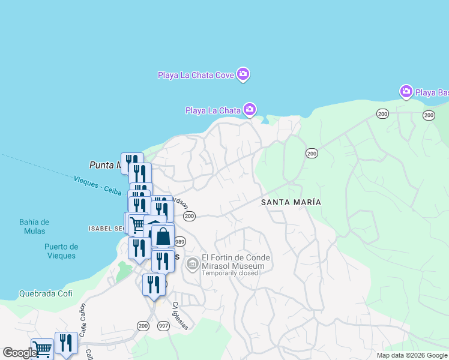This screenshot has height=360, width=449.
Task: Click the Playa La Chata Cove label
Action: pos(195,75)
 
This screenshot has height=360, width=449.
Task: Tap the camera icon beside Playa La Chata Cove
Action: pos(243,74)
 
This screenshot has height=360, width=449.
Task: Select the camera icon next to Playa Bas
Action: pos(406,92)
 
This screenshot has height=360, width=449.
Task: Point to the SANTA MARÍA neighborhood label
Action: pos(291,202)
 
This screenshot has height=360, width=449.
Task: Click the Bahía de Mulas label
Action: pos(34,227)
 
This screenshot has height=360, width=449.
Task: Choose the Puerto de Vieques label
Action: pos(61,251)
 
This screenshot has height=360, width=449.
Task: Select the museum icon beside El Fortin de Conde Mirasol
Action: pos(193,263)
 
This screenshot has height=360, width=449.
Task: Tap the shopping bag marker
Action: pos(163,236)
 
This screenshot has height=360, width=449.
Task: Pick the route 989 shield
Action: pos(179,242)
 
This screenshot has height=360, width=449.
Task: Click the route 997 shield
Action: pos(163,325)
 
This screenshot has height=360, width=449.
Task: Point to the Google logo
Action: pos(20,353)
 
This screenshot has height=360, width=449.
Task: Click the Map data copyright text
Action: pos(411,355)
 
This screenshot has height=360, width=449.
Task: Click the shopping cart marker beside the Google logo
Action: pos(41,348)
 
